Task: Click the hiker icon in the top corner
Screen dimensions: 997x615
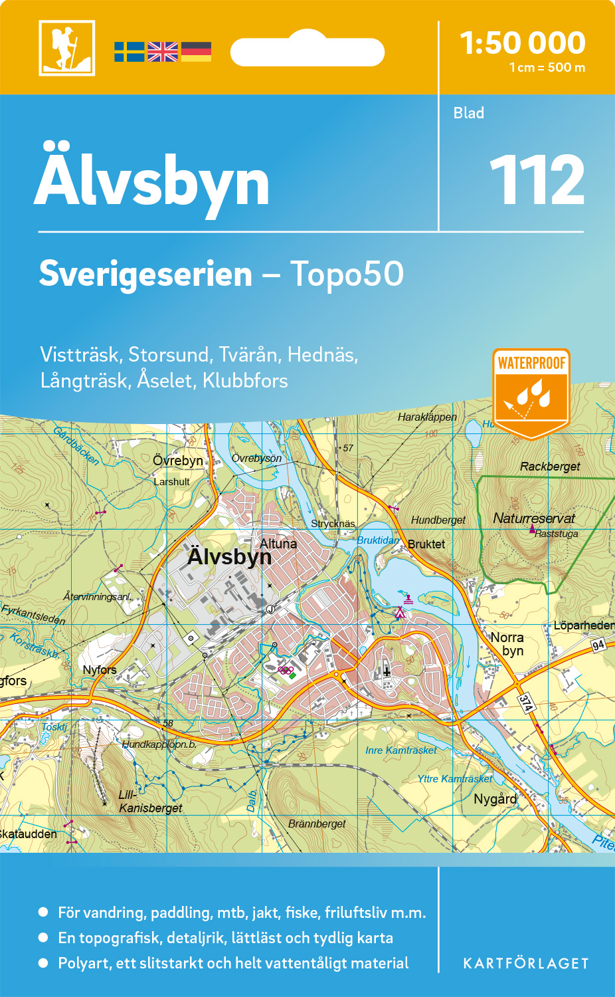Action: (66, 48)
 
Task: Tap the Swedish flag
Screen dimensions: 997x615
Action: (129, 52)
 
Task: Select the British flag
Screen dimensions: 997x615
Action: (163, 52)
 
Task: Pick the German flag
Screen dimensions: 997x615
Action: (196, 52)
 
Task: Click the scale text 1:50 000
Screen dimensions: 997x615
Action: (523, 43)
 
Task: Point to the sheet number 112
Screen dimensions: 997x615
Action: (537, 180)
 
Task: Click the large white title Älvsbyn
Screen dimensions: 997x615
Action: (152, 180)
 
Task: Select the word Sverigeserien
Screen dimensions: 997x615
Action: (145, 274)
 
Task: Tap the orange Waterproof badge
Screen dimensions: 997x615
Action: (531, 393)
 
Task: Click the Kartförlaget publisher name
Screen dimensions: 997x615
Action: (526, 964)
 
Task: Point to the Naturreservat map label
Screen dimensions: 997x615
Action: (534, 518)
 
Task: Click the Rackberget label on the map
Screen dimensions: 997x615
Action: (550, 467)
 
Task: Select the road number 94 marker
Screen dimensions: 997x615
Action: (598, 645)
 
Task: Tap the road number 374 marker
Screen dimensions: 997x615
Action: (526, 703)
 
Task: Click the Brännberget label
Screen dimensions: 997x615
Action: (317, 824)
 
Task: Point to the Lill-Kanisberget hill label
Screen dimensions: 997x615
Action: (149, 802)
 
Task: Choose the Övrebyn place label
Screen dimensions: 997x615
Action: (178, 461)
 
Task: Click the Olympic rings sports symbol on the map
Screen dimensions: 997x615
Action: (286, 670)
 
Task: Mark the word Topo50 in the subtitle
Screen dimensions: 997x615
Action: (347, 274)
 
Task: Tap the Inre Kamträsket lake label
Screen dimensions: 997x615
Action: (401, 750)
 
